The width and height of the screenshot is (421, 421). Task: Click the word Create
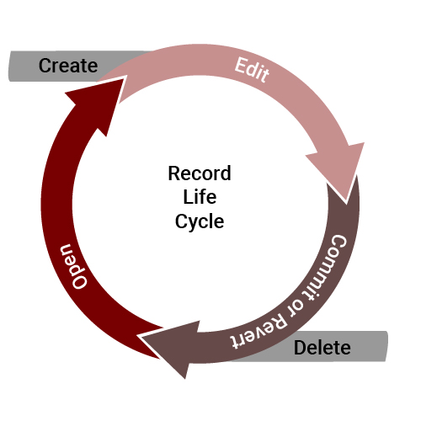pyautogui.click(x=68, y=66)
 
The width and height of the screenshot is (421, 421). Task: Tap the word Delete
pyautogui.click(x=322, y=348)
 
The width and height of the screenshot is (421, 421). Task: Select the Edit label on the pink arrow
pyautogui.click(x=252, y=70)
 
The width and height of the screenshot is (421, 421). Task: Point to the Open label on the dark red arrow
pyautogui.click(x=74, y=266)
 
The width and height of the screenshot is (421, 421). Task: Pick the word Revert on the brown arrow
pyautogui.click(x=258, y=331)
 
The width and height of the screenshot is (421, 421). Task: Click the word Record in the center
pyautogui.click(x=200, y=173)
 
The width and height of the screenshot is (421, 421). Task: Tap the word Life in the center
pyautogui.click(x=200, y=197)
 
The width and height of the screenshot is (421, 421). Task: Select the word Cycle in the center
pyautogui.click(x=200, y=221)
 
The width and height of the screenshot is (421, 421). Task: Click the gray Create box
pyautogui.click(x=56, y=67)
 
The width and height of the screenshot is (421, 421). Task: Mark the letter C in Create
pyautogui.click(x=45, y=66)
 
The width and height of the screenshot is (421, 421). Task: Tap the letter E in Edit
pyautogui.click(x=241, y=66)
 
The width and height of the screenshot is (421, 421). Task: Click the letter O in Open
pyautogui.click(x=80, y=280)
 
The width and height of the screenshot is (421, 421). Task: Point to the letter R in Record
pyautogui.click(x=174, y=173)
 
